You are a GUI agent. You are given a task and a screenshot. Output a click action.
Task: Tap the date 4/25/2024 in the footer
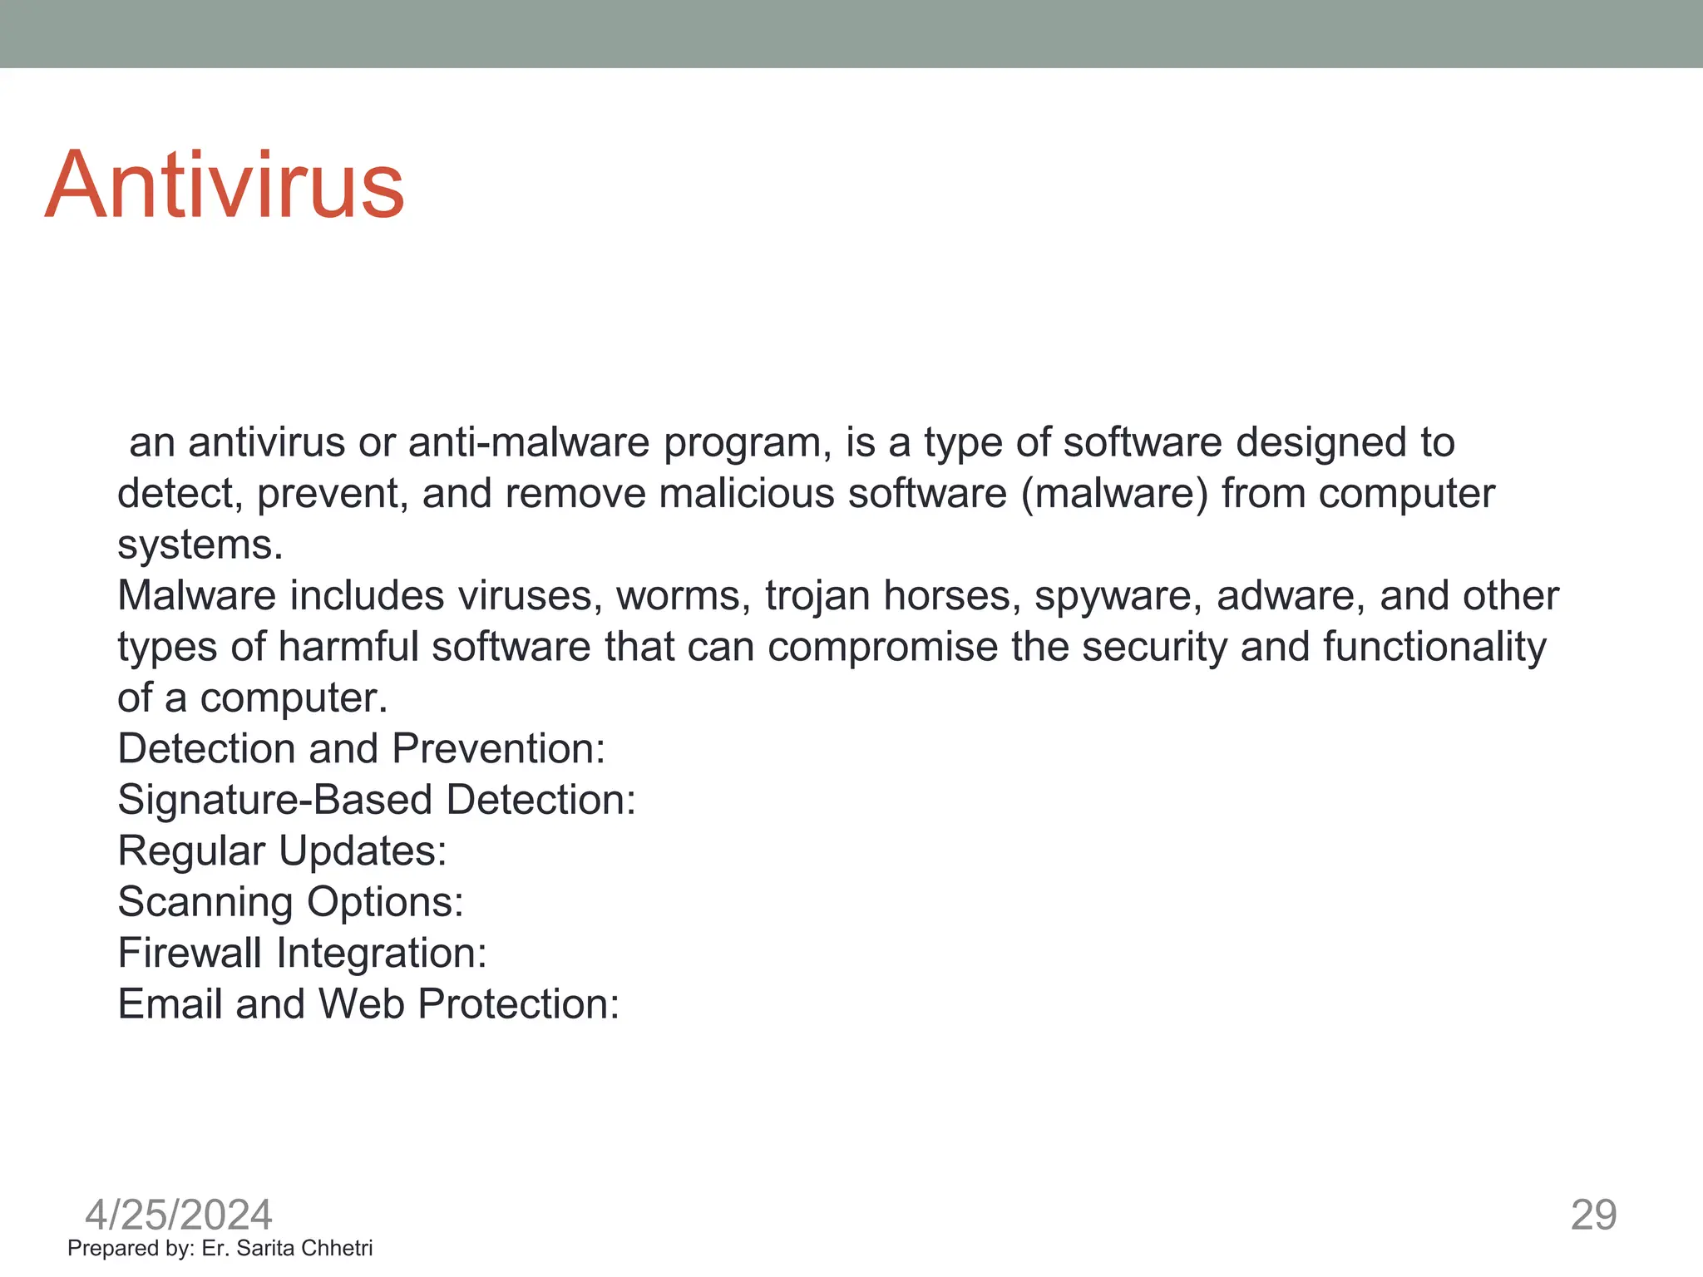pyautogui.click(x=179, y=1215)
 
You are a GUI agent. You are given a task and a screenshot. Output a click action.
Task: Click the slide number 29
pyautogui.click(x=1593, y=1215)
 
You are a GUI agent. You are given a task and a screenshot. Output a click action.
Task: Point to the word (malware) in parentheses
pyautogui.click(x=1114, y=494)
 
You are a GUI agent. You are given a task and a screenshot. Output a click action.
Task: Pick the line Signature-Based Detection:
pyautogui.click(x=377, y=800)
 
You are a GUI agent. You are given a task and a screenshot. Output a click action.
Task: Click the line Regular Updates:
pyautogui.click(x=283, y=851)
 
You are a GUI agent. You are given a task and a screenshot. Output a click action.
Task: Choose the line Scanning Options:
pyautogui.click(x=291, y=902)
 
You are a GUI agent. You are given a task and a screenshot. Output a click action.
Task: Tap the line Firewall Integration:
pyautogui.click(x=302, y=953)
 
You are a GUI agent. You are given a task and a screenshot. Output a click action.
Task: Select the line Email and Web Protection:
pyautogui.click(x=368, y=1004)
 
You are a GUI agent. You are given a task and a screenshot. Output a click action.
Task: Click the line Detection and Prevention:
pyautogui.click(x=362, y=749)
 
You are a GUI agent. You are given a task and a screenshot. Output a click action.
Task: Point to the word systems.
pyautogui.click(x=200, y=545)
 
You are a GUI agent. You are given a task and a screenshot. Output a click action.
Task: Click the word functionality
pyautogui.click(x=1434, y=647)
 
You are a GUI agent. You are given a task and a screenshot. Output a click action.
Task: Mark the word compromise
pyautogui.click(x=882, y=647)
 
